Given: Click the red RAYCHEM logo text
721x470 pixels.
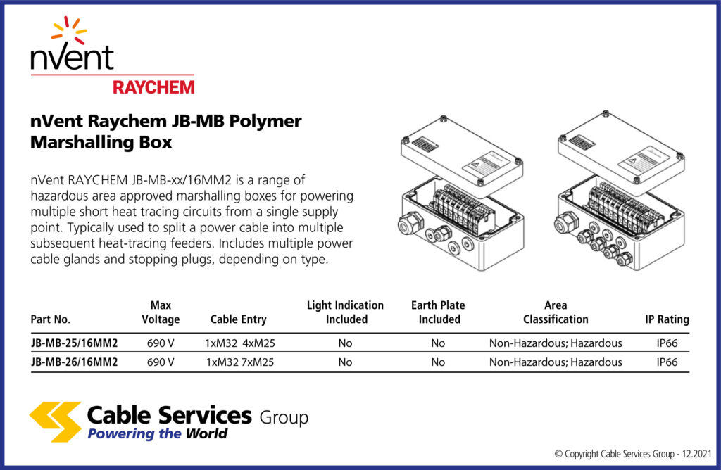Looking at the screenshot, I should pos(153,86).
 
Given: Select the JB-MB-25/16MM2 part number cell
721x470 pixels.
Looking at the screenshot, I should pos(74,343).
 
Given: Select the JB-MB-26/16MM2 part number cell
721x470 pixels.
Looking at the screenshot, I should pos(74,362).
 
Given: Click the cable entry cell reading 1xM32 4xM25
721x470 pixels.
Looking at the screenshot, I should pos(239,343).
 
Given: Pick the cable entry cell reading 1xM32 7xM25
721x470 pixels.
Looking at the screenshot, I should pos(239,362).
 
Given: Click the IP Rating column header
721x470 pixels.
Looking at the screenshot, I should pos(667,319).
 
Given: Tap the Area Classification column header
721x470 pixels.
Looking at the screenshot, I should pos(556,312).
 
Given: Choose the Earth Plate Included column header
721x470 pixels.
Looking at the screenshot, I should pos(438,312).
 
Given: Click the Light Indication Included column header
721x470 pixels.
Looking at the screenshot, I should pos(345,312).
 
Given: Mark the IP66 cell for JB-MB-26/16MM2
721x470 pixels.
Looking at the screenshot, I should pos(667,362).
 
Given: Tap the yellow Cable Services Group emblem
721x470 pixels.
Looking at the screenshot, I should pos(55,421).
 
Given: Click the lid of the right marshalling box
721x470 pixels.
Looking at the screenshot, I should pos(620,148).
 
